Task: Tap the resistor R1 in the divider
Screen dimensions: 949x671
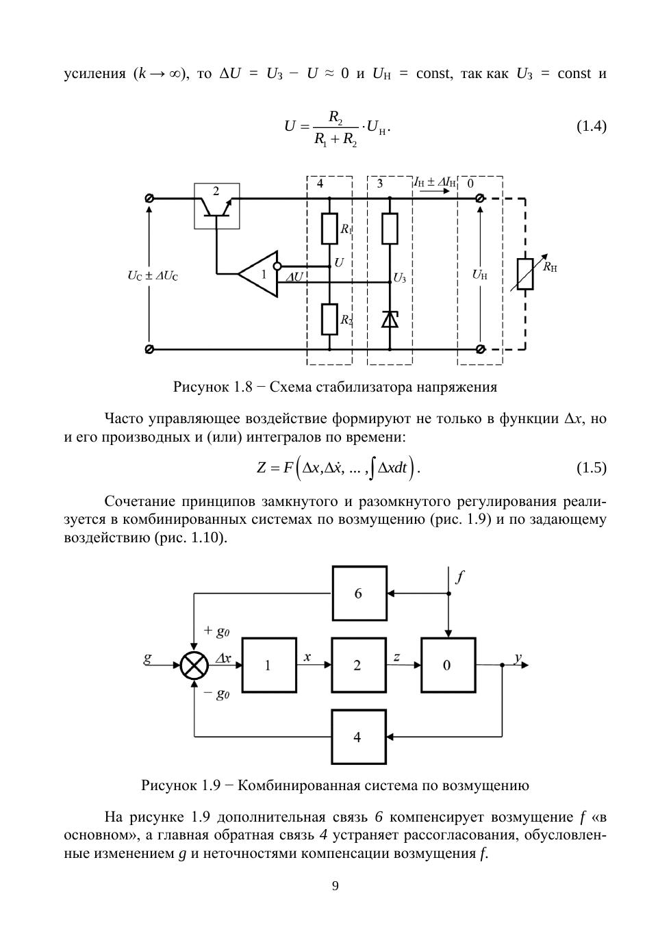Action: (x=330, y=228)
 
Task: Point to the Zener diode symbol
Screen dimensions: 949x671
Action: (x=390, y=319)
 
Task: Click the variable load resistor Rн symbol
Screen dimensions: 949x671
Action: (x=525, y=274)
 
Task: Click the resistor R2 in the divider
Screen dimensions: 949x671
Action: (x=330, y=318)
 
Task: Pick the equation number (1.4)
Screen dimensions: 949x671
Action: (x=591, y=126)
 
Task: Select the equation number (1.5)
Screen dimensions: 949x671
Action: (x=591, y=468)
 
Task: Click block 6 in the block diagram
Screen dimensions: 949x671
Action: (x=359, y=593)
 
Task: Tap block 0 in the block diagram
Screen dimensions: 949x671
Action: (x=448, y=665)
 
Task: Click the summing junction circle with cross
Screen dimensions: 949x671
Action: (x=194, y=665)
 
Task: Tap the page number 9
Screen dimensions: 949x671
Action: (x=335, y=886)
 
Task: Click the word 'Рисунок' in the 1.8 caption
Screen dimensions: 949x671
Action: (x=201, y=387)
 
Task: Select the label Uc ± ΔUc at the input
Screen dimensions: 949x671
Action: (x=153, y=276)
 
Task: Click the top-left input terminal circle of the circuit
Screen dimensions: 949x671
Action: (x=149, y=198)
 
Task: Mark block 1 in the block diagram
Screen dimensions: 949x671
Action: (x=268, y=665)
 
